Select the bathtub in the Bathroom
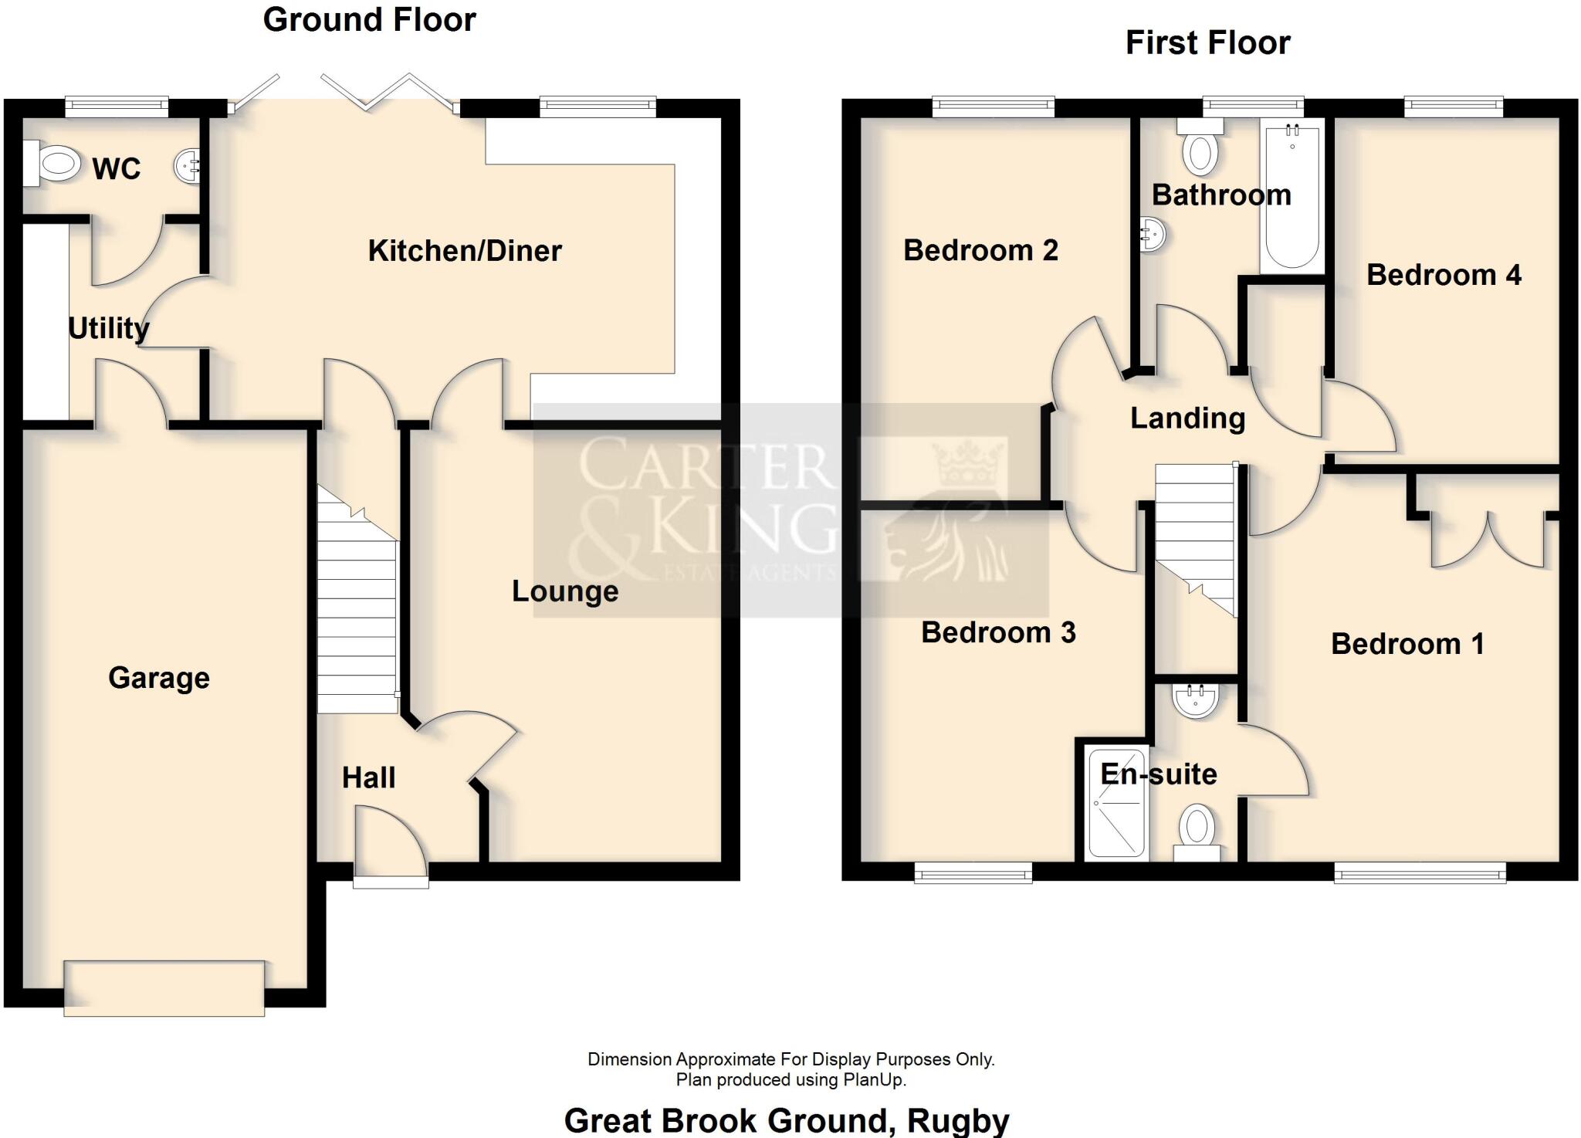pos(1292,197)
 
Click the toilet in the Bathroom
pos(1199,150)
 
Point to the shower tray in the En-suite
pos(1116,803)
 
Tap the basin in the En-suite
pos(1195,699)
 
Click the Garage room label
pos(159,678)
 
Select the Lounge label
pos(565,591)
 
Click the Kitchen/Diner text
pos(465,251)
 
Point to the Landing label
pos(1187,418)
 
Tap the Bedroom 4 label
pos(1443,275)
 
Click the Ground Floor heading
pos(369,20)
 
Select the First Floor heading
pos(1207,42)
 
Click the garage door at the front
pos(164,988)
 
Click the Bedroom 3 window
pos(973,872)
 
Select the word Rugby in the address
pos(958,1120)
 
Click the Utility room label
pos(108,328)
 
